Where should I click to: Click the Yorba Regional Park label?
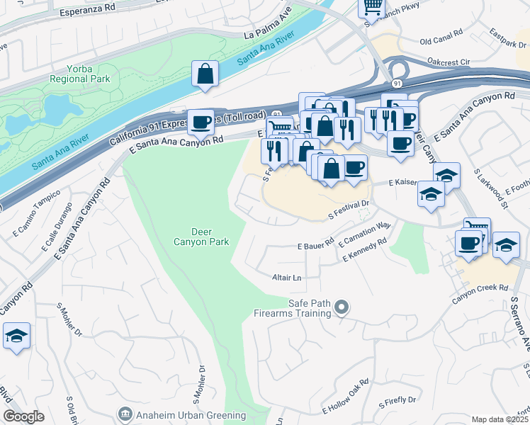point(79,74)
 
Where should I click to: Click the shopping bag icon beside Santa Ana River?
point(205,74)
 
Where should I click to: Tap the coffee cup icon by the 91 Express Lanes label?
point(201,121)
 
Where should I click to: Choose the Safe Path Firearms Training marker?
point(342,307)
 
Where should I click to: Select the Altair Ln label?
point(287,278)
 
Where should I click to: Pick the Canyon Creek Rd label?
point(481,288)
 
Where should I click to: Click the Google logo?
point(23,416)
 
